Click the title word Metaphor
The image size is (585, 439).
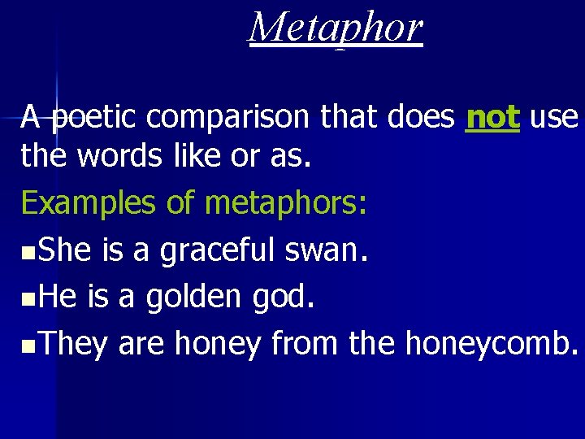click(336, 28)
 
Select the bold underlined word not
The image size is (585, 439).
click(492, 118)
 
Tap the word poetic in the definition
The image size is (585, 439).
click(97, 119)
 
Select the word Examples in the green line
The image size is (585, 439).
click(89, 203)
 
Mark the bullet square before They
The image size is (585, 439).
click(28, 346)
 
